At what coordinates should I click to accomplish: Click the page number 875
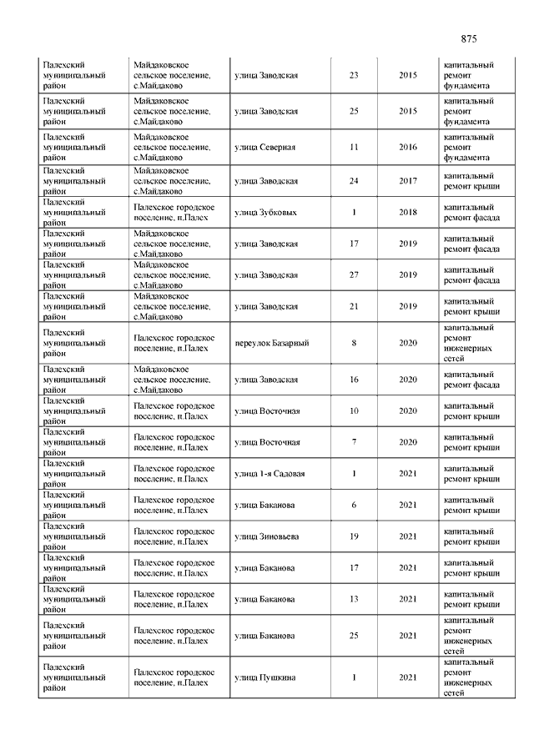[x=468, y=39]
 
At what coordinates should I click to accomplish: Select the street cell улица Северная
[x=265, y=147]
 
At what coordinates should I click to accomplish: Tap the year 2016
[x=408, y=147]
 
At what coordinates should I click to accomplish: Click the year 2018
[x=408, y=212]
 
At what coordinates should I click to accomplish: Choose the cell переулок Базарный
[x=272, y=343]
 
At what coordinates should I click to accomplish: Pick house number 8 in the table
[x=354, y=343]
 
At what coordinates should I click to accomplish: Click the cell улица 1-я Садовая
[x=270, y=474]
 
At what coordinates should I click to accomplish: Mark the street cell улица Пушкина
[x=264, y=677]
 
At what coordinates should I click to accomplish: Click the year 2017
[x=408, y=181]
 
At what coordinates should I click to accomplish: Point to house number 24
[x=354, y=181]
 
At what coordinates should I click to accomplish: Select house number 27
[x=354, y=274]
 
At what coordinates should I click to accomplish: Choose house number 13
[x=354, y=599]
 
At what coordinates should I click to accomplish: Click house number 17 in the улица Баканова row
[x=354, y=568]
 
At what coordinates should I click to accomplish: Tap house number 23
[x=354, y=76]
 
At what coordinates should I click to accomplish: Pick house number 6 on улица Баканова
[x=354, y=505]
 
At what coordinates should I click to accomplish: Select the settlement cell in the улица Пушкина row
[x=174, y=677]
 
